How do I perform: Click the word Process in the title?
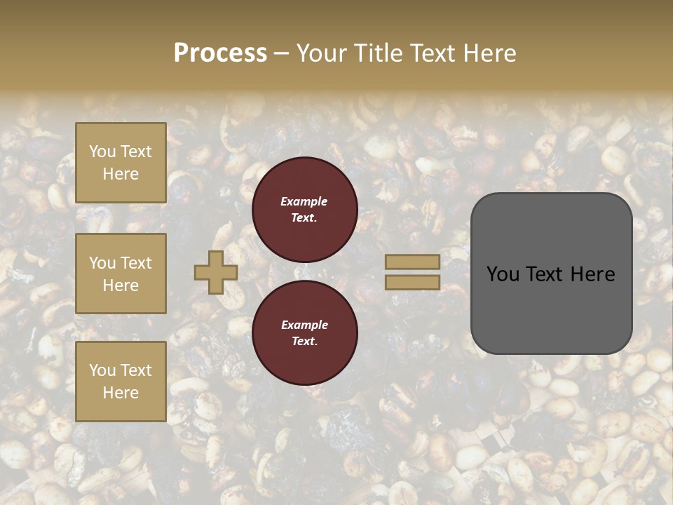pos(220,53)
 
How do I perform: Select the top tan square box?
pos(121,163)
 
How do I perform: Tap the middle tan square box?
pos(121,274)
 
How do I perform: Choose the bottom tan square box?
pos(121,382)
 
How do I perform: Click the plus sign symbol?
pos(215,272)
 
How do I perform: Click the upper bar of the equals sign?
pos(412,262)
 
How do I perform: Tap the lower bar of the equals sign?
pos(412,282)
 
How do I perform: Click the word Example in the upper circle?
pos(304,201)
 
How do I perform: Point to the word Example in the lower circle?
pos(304,325)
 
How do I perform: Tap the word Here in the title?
pos(489,53)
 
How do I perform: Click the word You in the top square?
pos(102,151)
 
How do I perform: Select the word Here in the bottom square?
pos(121,393)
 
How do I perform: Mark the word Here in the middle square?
pos(121,285)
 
